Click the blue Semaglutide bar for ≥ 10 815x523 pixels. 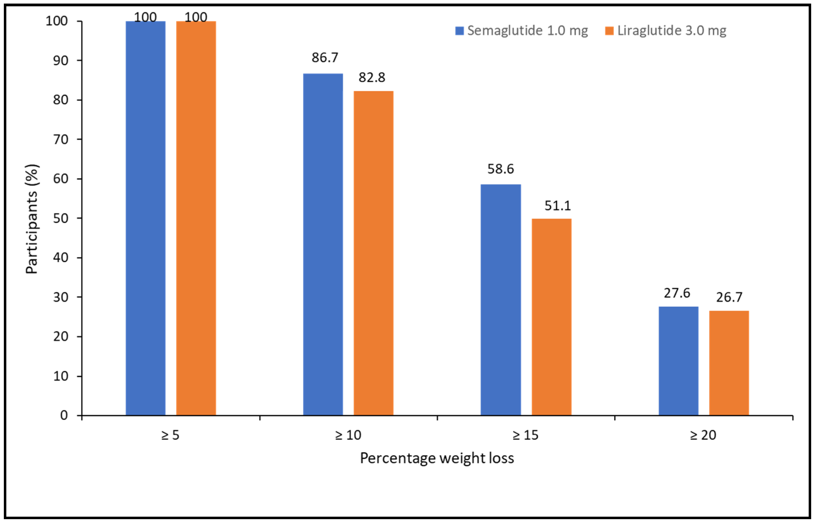tap(323, 244)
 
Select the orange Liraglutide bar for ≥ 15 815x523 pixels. tap(552, 317)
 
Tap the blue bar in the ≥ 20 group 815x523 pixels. tap(678, 361)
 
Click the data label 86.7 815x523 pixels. tap(325, 58)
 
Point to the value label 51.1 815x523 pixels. tap(558, 206)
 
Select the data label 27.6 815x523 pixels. tap(677, 293)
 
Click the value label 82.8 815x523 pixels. tap(372, 78)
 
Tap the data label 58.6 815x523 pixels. tap(500, 169)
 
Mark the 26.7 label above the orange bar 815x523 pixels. tap(729, 297)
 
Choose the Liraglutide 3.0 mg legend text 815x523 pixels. tap(672, 31)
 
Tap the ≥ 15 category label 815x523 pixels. tap(525, 435)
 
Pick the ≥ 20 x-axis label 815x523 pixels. tap(703, 435)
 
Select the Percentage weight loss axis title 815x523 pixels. tap(437, 458)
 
